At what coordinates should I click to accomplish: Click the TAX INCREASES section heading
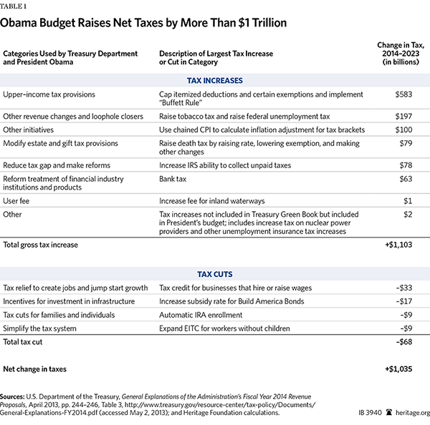pos(215,81)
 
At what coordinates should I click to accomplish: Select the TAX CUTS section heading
pos(215,274)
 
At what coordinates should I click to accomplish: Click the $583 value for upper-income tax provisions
pos(403,94)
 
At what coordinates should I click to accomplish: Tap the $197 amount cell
pos(403,117)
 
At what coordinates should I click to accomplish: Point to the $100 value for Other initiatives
pos(403,130)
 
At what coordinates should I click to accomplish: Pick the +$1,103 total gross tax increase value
pos(398,245)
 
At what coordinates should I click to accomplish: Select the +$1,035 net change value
pos(398,369)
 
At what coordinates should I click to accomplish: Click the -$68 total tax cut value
pos(404,342)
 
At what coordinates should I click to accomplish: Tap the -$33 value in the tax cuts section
pos(404,288)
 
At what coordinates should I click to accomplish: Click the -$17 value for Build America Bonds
pos(404,301)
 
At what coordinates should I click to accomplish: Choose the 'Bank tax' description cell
pos(173,179)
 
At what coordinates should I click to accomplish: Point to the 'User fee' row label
pos(16,201)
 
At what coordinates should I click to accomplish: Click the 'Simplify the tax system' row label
pos(39,328)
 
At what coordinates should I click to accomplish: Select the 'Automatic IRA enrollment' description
pos(201,315)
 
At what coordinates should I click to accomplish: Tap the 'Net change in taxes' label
pos(35,369)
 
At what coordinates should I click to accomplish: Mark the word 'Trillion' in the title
pos(269,23)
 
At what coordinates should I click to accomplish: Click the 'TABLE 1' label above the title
pos(13,6)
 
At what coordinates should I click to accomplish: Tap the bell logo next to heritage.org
pos(389,412)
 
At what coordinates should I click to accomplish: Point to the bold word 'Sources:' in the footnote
pos(12,396)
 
